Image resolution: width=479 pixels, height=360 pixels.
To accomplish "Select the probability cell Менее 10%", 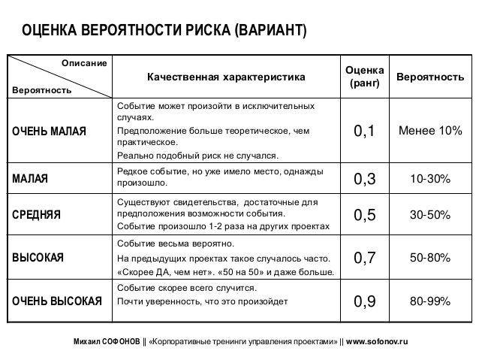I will click(x=429, y=132).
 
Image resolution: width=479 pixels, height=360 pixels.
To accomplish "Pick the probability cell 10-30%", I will click(x=429, y=179).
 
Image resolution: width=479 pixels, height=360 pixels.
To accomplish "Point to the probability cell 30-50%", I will click(x=429, y=215).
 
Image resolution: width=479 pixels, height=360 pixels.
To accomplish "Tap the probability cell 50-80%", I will click(x=429, y=258).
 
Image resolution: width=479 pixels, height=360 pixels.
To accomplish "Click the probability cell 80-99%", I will click(x=429, y=302).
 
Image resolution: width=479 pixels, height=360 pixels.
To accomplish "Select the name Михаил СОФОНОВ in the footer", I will click(x=107, y=341).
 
